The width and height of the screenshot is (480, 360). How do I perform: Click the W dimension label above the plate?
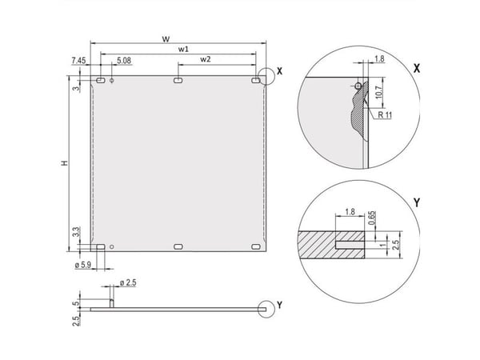(166, 39)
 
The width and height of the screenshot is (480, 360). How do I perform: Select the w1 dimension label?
(184, 49)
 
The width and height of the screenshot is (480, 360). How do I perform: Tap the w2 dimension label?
(206, 59)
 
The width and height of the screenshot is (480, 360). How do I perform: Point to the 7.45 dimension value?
(78, 60)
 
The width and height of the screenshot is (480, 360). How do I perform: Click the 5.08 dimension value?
(124, 60)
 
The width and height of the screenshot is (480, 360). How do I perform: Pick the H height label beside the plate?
(64, 163)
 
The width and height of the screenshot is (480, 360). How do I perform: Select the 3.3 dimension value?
(77, 232)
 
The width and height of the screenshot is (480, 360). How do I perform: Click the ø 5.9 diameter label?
(83, 265)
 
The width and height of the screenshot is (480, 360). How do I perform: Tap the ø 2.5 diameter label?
(128, 282)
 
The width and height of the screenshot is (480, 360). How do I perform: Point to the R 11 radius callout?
(385, 115)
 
